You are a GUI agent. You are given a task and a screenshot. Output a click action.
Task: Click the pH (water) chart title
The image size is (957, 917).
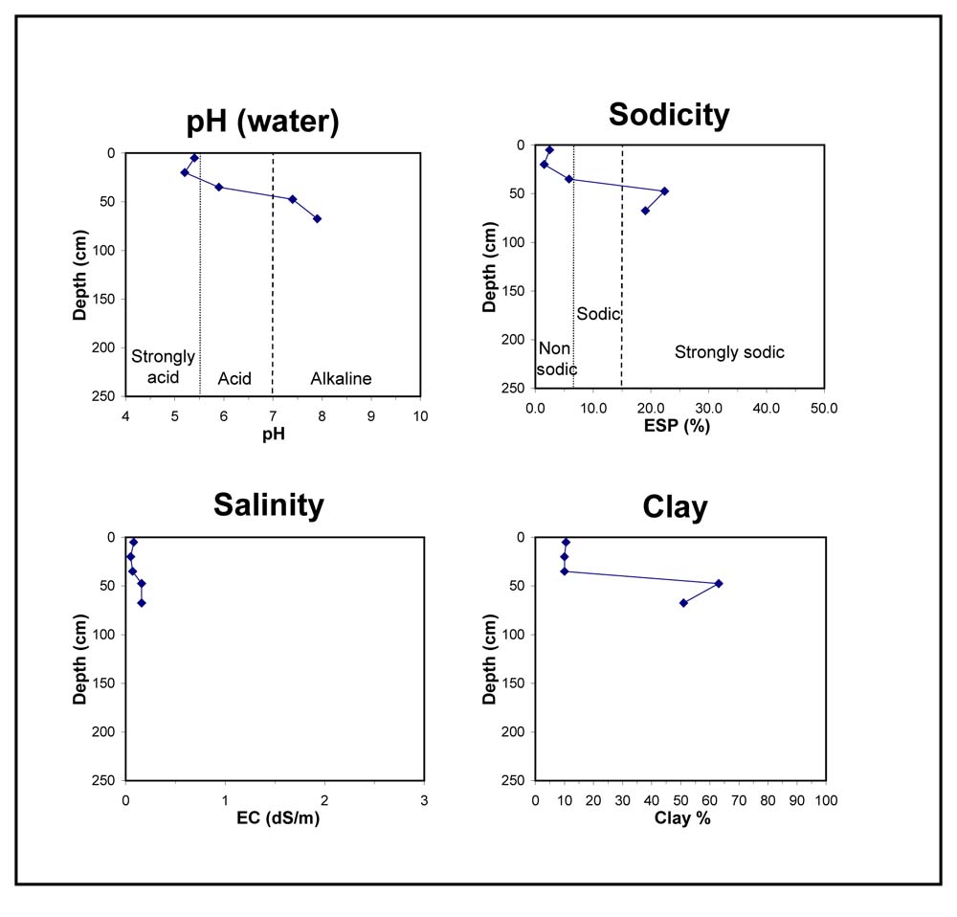[x=262, y=122]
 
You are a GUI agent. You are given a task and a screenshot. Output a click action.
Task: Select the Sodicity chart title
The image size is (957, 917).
[x=669, y=115]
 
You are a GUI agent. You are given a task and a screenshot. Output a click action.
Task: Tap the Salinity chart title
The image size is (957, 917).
[x=269, y=505]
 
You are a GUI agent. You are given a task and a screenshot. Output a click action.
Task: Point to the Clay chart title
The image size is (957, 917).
[x=675, y=507]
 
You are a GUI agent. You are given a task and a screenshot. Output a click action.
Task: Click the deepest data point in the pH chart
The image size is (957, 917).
[x=318, y=218]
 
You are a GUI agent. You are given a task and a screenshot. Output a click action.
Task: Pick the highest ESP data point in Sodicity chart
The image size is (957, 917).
[x=665, y=191]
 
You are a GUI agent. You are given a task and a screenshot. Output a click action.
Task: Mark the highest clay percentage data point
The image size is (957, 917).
[x=719, y=584]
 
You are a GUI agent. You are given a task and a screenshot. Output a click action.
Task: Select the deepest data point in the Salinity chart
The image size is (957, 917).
[x=142, y=603]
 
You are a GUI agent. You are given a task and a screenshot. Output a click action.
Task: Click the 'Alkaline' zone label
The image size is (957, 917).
[x=341, y=378]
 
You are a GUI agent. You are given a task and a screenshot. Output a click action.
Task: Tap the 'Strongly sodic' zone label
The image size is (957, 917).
[x=729, y=352]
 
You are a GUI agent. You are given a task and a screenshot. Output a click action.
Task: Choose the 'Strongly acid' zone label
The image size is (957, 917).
[x=163, y=367]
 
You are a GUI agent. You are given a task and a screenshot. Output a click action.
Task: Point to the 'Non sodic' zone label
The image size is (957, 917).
[x=556, y=359]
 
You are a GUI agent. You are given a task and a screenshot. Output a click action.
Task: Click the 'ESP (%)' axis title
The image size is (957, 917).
[x=677, y=426]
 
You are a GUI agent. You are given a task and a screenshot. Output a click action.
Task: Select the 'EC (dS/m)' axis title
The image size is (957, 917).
[x=278, y=817]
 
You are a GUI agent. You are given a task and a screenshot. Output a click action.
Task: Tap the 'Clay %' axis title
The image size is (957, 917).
[x=682, y=818]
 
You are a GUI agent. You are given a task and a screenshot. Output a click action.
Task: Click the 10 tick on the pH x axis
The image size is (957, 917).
[x=420, y=416]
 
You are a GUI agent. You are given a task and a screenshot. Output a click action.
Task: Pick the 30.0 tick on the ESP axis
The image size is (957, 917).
[x=708, y=409]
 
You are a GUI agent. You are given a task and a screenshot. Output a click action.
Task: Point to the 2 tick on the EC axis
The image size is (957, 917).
[x=324, y=800]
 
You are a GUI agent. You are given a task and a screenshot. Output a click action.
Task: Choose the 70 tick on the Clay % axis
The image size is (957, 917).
[x=739, y=800]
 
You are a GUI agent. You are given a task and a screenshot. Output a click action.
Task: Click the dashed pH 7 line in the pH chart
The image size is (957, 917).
[x=273, y=274]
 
